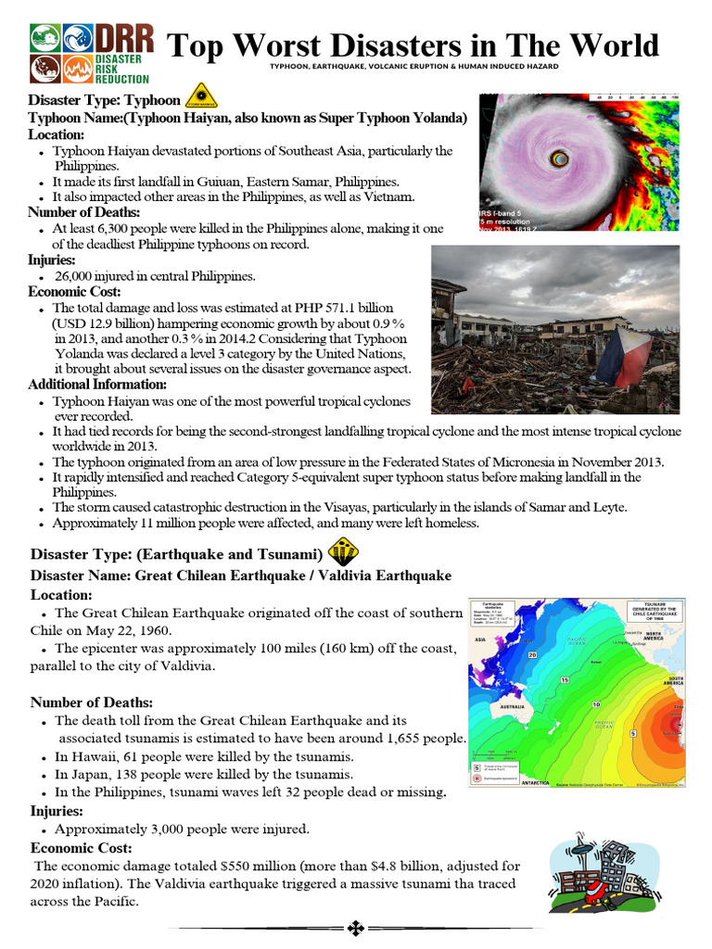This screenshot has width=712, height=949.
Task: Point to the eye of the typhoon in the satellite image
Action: [x=559, y=158]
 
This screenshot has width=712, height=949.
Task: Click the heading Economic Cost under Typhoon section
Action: [x=71, y=291]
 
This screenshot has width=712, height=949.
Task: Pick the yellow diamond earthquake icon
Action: [x=343, y=553]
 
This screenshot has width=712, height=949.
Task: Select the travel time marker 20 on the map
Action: [x=532, y=655]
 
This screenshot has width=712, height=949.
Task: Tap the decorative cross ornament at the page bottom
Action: [x=354, y=928]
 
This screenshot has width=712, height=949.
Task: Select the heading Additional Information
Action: [x=97, y=384]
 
